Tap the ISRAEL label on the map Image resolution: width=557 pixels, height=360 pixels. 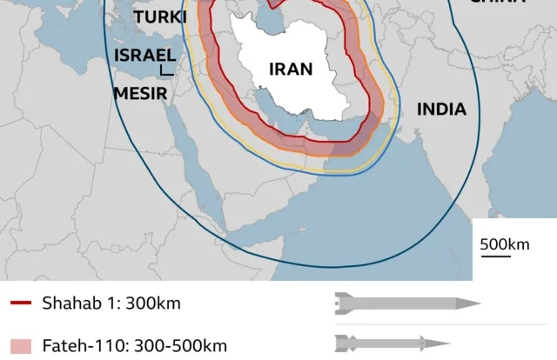(144, 56)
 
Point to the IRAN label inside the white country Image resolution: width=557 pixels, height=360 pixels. (291, 70)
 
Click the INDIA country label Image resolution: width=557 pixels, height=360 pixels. (441, 110)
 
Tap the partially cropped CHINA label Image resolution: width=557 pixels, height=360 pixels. (508, 3)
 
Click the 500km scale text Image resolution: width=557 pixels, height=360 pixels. (504, 244)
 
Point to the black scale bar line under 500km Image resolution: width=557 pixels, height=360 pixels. (496, 257)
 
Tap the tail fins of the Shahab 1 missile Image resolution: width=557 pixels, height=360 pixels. (340, 303)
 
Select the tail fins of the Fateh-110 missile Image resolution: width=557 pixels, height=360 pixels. (340, 343)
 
